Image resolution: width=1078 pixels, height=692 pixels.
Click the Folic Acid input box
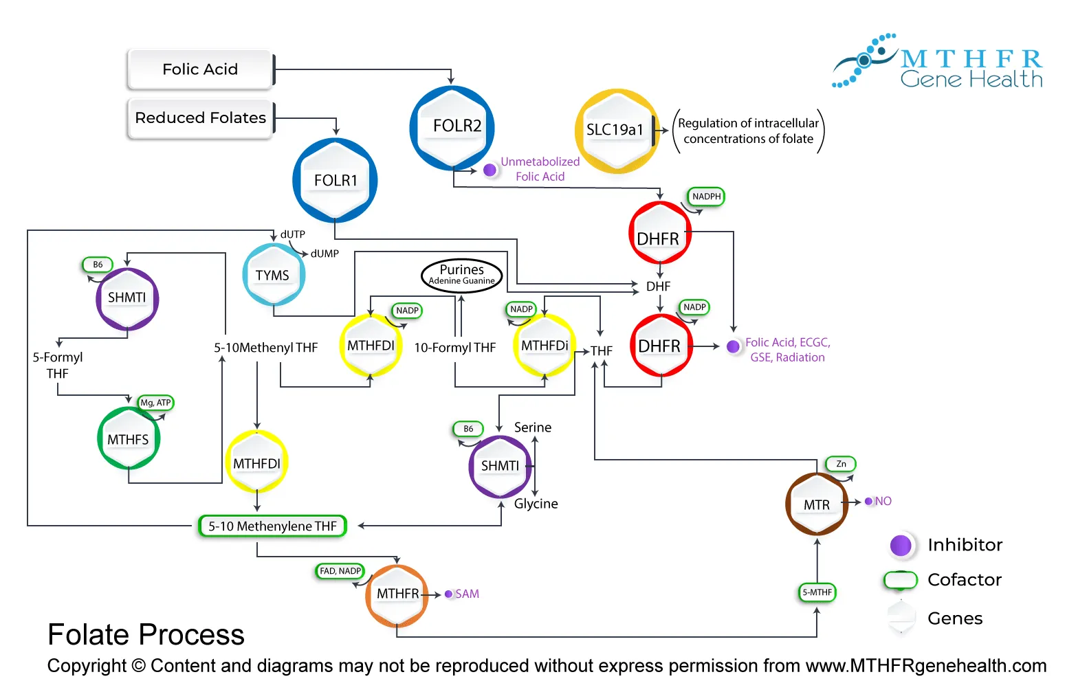[x=200, y=69]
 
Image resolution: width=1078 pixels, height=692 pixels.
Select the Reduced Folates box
[x=200, y=118]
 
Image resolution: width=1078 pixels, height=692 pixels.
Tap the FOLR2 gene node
[x=452, y=127]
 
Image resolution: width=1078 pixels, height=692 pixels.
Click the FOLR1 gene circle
[x=335, y=180]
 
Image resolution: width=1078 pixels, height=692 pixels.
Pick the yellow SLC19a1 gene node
[x=616, y=131]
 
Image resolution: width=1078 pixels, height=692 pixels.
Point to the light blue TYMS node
[x=274, y=275]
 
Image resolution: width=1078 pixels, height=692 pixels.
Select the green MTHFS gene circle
[x=129, y=439]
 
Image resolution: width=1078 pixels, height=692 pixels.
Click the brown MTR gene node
[x=817, y=504]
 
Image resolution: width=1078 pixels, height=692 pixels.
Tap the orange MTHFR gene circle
[x=397, y=594]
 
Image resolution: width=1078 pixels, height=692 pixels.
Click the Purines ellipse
[x=462, y=274]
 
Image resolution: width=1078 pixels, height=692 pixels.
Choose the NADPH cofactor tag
[x=706, y=197]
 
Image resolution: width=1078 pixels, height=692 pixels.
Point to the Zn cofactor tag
[x=841, y=464]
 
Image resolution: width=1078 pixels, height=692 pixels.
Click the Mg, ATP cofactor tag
[x=155, y=403]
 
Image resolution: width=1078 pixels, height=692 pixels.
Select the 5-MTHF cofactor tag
[x=817, y=592]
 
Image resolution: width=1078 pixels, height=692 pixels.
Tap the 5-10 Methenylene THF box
[x=272, y=526]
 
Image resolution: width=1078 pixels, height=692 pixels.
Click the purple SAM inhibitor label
[x=467, y=594]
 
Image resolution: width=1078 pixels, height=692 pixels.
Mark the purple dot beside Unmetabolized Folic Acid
[x=490, y=170]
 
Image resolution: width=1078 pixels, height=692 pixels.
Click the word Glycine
[x=536, y=504]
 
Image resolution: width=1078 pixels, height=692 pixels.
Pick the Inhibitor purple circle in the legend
[x=901, y=546]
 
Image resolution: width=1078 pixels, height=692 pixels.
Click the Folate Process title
[x=146, y=634]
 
